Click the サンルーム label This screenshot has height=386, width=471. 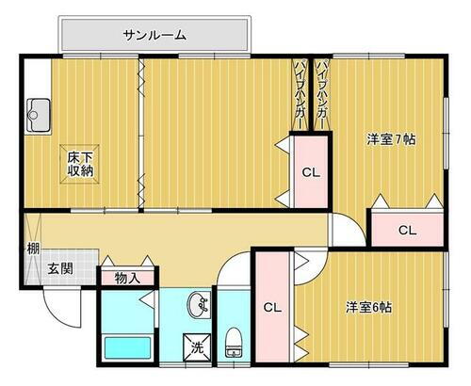(x=154, y=35)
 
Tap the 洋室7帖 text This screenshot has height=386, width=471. (x=391, y=139)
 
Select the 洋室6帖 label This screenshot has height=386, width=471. (x=368, y=306)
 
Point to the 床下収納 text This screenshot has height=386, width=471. (x=80, y=164)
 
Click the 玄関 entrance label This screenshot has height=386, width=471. (x=61, y=268)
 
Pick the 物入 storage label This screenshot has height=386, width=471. (x=127, y=278)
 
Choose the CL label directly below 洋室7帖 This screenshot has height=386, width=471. (x=406, y=230)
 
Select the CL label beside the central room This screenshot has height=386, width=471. (x=310, y=172)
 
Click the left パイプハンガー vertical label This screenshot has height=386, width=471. (x=300, y=95)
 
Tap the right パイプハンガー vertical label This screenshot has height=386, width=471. (x=322, y=95)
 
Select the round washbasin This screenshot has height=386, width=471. (x=199, y=305)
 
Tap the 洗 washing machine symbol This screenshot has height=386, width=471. (x=198, y=346)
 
